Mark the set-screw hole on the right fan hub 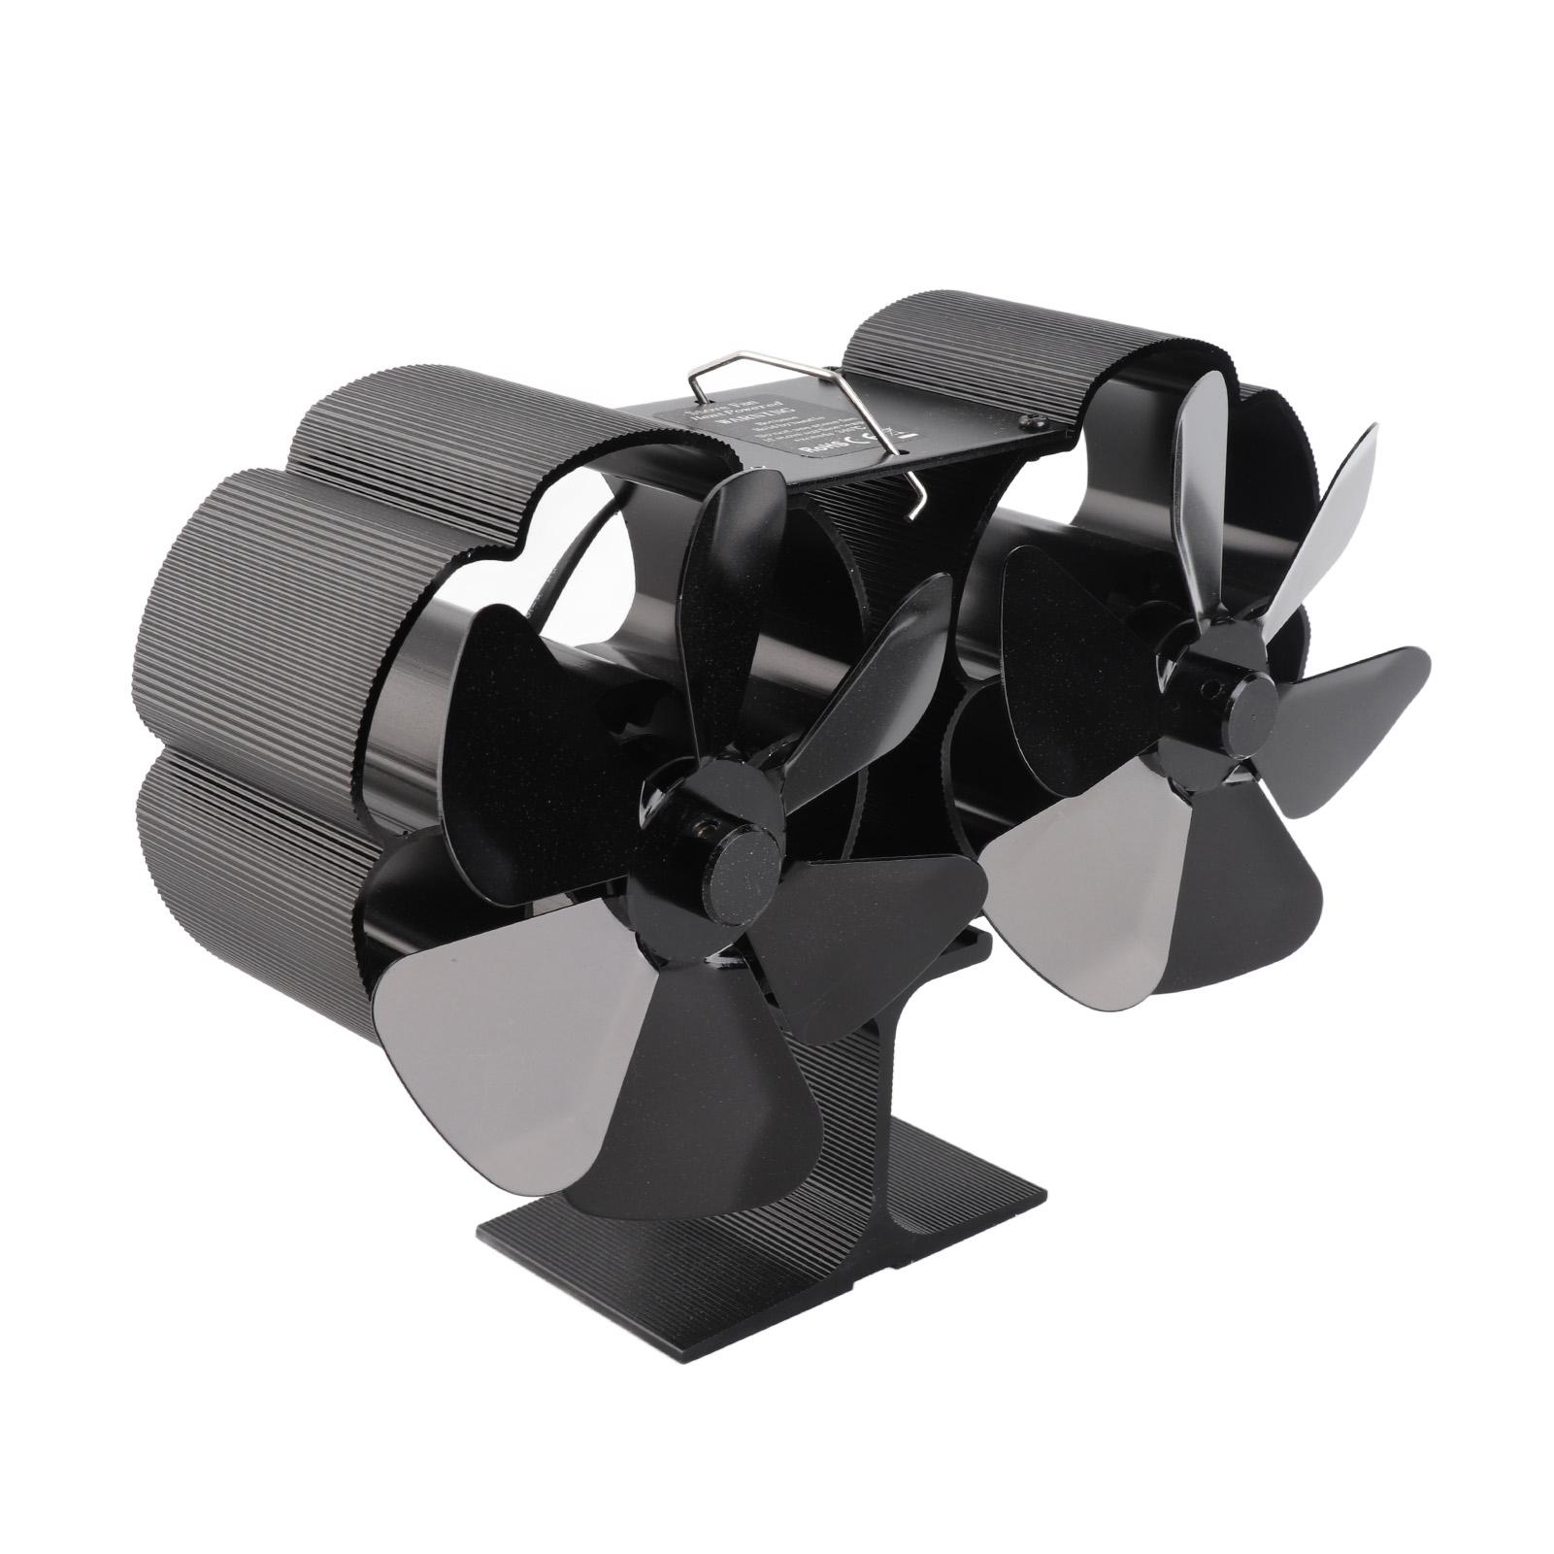[x=1208, y=686]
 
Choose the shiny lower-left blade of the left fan [x=505, y=980]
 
